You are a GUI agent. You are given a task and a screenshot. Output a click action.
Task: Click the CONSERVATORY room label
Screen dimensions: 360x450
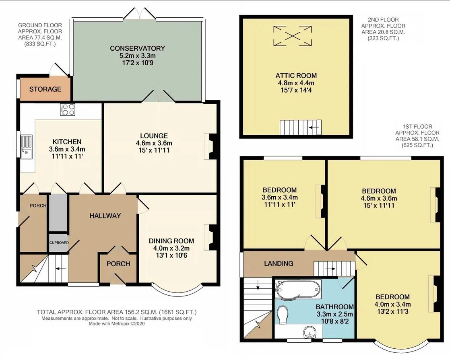137,49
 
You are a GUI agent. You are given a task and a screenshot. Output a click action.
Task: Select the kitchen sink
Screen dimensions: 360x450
27,146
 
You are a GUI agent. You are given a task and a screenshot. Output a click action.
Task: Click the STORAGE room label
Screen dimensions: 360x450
45,89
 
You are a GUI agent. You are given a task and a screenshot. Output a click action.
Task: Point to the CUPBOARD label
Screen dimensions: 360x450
59,243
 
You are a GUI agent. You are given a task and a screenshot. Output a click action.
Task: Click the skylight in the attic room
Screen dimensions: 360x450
292,36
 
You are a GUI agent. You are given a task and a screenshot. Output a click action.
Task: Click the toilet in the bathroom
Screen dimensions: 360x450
282,315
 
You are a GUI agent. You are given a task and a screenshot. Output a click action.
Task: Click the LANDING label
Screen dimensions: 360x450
279,263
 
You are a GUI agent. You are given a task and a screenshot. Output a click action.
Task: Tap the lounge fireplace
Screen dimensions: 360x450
211,146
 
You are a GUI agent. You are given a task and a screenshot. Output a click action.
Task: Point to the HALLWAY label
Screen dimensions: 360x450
105,216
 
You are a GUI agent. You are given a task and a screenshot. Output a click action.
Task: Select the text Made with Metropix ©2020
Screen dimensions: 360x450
117,323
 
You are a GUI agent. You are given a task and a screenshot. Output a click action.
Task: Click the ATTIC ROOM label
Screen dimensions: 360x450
296,76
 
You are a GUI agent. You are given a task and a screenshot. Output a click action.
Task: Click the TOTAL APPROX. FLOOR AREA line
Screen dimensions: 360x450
117,312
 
